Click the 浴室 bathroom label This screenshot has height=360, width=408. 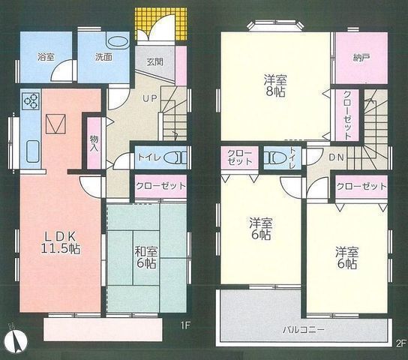46,56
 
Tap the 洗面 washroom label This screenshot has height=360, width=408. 103,56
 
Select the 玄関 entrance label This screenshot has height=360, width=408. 154,61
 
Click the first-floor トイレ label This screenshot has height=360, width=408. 147,157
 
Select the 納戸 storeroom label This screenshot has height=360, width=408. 353,56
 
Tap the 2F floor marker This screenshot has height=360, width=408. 400,343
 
